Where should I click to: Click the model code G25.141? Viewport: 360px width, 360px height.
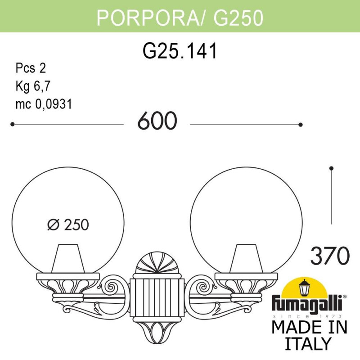click(x=180, y=51)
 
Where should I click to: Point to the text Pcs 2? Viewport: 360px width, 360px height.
click(x=31, y=68)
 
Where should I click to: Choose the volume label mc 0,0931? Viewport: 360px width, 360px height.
click(x=44, y=104)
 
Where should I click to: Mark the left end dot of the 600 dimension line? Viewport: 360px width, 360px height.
click(x=12, y=124)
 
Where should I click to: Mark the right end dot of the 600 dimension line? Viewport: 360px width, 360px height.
click(x=301, y=124)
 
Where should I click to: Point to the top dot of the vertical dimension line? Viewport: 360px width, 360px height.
click(x=332, y=168)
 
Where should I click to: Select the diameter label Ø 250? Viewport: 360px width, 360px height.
click(x=68, y=224)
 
